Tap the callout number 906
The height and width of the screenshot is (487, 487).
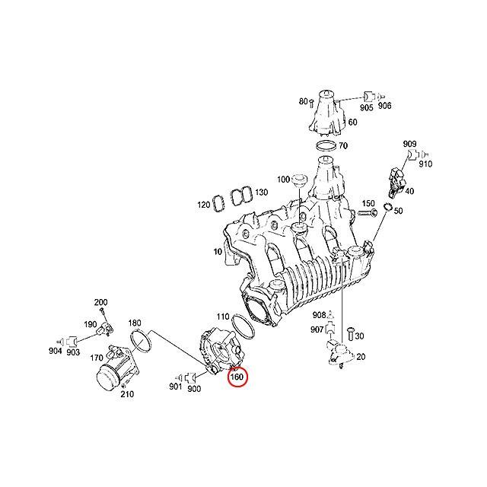coord(385,107)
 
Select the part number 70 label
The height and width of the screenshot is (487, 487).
coord(343,145)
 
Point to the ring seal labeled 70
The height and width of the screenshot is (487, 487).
coord(325,145)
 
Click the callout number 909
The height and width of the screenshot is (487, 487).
coord(409,144)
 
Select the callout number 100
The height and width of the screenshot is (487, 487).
coord(283,180)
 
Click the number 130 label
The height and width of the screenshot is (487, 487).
coord(262,192)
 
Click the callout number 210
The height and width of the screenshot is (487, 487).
coord(127,393)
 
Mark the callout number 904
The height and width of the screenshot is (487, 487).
coord(55,352)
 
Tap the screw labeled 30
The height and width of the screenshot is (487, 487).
coord(350,332)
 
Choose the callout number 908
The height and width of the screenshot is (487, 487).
coord(320,314)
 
